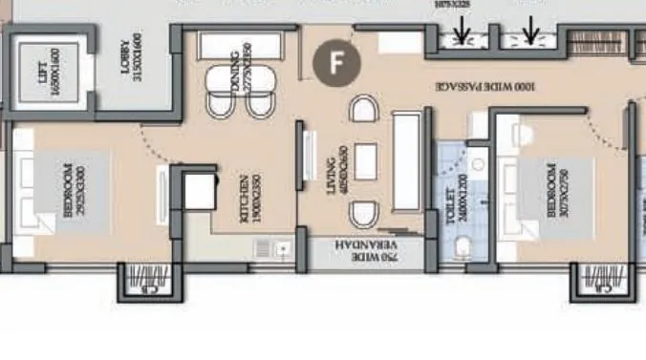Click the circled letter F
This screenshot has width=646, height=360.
tap(336, 63)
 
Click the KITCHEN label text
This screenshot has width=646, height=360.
tap(247, 199)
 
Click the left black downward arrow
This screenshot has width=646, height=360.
tap(463, 33)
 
